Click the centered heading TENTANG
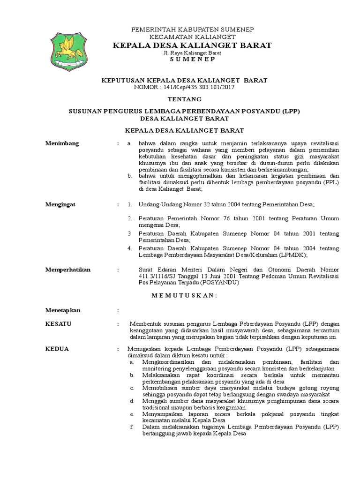click(x=184, y=99)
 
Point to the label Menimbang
click(x=62, y=143)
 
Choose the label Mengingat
click(x=60, y=205)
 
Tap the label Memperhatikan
click(x=67, y=270)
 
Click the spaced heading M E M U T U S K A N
click(x=184, y=295)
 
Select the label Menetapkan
click(x=63, y=310)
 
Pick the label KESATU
click(x=56, y=324)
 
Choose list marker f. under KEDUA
click(x=132, y=427)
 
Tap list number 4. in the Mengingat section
click(x=130, y=248)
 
